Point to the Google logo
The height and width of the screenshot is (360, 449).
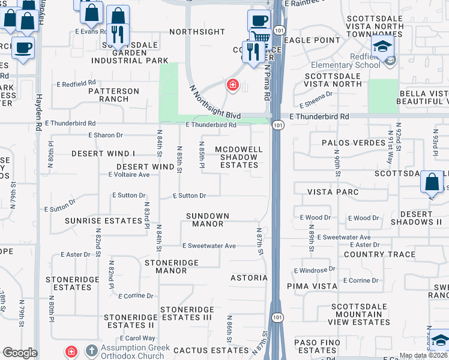point(20,353)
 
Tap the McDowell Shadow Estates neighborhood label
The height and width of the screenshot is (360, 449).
point(239,157)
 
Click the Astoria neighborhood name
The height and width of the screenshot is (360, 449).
point(249,278)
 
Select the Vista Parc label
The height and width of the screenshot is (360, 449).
point(333,192)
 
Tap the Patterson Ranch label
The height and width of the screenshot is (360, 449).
point(113,95)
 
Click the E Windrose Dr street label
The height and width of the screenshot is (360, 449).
point(315,271)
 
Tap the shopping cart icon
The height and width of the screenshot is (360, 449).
point(259,37)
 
